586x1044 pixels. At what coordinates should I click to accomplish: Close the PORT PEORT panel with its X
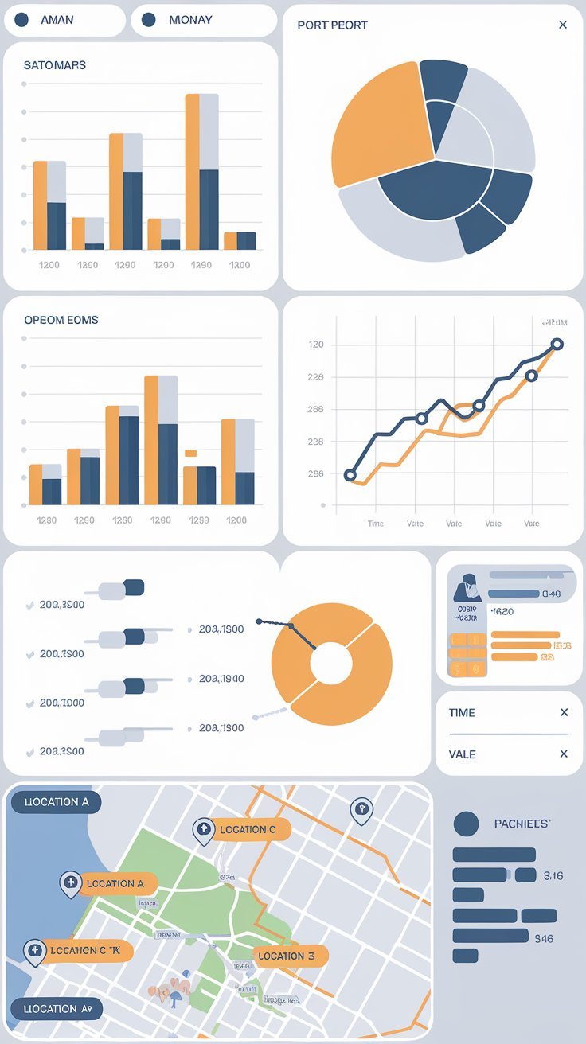pos(563,25)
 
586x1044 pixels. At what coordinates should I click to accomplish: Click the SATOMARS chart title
pos(55,65)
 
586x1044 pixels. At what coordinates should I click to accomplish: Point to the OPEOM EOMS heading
pos(61,320)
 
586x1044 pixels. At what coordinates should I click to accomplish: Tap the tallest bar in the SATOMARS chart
pos(201,171)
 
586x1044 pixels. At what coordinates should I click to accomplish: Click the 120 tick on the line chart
pos(315,345)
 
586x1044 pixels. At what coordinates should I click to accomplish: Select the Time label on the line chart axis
pos(376,524)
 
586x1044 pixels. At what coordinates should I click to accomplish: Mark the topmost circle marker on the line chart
pos(557,345)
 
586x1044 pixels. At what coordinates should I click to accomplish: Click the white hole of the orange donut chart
pos(331,664)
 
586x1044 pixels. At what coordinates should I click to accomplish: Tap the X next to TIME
pos(564,712)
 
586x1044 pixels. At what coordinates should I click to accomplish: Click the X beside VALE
pos(564,754)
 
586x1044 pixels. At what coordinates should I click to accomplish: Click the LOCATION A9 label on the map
pos(56,1008)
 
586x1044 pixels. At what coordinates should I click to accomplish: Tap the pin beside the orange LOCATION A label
pos(71,883)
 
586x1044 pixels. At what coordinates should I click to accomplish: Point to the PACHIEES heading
pos(522,824)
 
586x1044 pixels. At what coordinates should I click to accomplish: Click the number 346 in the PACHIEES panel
pos(544,939)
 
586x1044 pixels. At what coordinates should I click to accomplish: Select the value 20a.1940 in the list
pos(221,679)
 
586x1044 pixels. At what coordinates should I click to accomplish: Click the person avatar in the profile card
pos(466,587)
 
